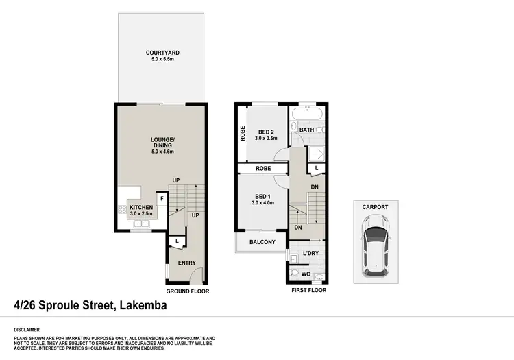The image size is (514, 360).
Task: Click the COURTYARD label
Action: coord(163,53)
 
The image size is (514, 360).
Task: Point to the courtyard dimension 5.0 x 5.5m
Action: coord(163,60)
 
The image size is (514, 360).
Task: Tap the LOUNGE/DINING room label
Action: coord(163,143)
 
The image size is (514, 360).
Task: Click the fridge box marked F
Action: coord(162,200)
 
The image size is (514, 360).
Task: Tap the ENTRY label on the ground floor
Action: coord(186,263)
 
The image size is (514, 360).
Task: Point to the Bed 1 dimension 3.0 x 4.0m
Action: coord(262,202)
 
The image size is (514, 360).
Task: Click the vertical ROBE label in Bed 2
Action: coord(243,132)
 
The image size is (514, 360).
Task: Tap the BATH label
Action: coord(306,128)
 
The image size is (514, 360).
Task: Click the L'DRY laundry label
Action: coord(311,254)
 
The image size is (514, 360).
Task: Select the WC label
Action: coord(306,274)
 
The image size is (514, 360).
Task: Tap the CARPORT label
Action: coord(376,207)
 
